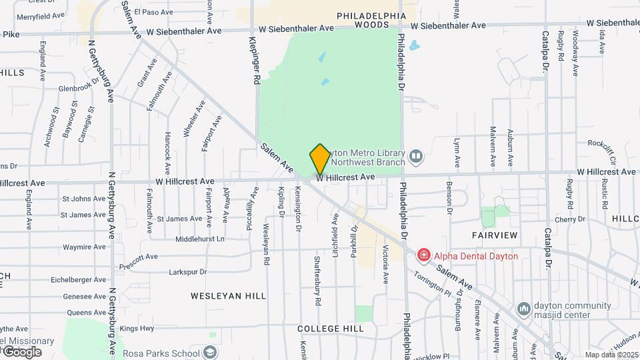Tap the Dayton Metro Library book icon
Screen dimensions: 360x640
(416, 156)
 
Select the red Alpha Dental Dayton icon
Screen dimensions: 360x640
(423, 255)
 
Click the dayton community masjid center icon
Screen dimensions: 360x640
(523, 309)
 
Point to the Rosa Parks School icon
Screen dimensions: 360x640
(211, 353)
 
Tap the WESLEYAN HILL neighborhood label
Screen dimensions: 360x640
(228, 295)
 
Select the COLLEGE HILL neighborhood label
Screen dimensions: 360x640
(331, 329)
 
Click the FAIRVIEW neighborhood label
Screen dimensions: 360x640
(495, 235)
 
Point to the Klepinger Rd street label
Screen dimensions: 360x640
(255, 59)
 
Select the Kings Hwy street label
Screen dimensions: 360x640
(137, 328)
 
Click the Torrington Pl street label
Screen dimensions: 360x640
(432, 284)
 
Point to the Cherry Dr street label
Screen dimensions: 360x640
(570, 219)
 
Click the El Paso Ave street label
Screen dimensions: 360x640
(153, 11)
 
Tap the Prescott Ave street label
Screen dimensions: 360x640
(139, 257)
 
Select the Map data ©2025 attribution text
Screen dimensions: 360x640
(611, 355)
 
